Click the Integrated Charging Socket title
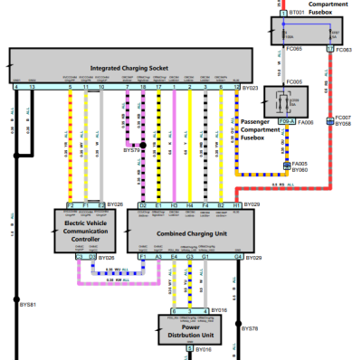point(129,68)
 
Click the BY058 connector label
point(343,123)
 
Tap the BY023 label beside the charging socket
point(250,89)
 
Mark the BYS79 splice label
point(132,151)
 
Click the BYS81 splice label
point(27,306)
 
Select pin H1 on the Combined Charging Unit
point(237,206)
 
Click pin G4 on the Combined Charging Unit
point(238,257)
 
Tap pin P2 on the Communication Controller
point(70,206)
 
